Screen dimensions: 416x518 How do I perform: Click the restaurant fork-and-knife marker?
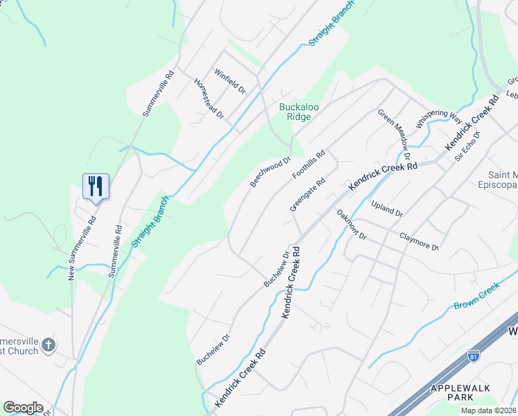[x=96, y=186]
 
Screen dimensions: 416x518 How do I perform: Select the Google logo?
[x=23, y=408]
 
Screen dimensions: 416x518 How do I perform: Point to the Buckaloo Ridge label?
[x=299, y=112]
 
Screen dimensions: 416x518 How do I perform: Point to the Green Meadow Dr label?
[x=394, y=128]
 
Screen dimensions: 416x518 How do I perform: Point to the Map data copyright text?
[x=489, y=410]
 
